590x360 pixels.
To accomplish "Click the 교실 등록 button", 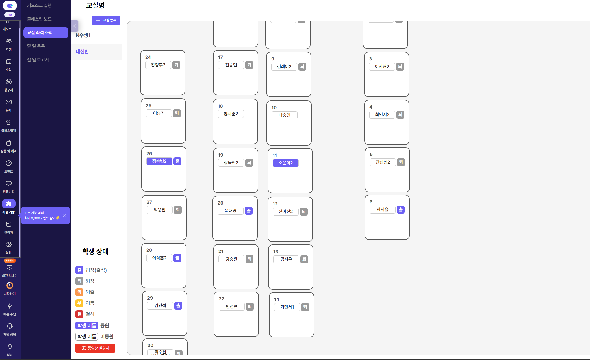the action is coord(106,20).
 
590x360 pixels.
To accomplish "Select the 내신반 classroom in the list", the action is coord(82,51).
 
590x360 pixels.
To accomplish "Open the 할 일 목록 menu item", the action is coord(36,46).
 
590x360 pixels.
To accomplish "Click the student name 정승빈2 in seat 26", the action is coord(159,161).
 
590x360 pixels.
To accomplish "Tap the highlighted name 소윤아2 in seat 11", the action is coord(286,163).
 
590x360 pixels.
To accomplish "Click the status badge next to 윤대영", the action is coord(249,211).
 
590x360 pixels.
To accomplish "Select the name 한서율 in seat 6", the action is coord(383,210).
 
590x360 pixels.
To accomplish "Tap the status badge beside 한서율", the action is coord(401,210).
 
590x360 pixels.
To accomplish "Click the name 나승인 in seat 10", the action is coord(285,115).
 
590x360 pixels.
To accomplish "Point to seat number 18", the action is coord(220,106).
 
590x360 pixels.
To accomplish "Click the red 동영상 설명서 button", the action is coord(95,348).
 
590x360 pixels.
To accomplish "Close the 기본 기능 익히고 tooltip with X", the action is coord(64,216).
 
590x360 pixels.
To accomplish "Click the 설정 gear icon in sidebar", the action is coord(9,244).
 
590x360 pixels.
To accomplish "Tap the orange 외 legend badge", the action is coord(79,292).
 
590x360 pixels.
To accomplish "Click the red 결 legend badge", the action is coord(79,314).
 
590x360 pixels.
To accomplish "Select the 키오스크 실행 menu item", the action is coord(39,5).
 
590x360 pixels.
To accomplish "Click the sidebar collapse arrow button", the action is coord(75,26).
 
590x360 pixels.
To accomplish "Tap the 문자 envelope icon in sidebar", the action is coord(9,102).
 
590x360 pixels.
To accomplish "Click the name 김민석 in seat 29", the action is coord(160,306).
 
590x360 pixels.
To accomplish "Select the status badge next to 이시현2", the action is coord(400,67).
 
